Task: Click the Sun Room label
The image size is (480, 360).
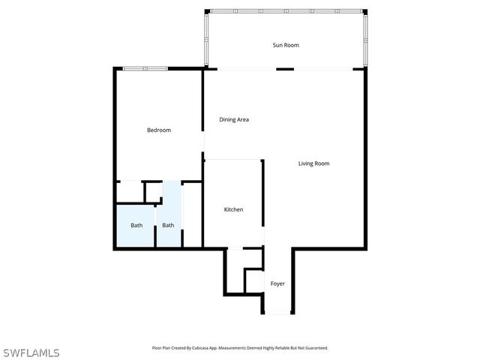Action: [285, 45]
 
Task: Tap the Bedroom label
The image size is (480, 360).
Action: [158, 130]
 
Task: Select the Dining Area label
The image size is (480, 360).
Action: [234, 119]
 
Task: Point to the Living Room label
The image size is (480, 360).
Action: [313, 163]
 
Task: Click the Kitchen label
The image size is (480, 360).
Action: [233, 210]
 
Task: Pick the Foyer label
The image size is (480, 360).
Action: [277, 283]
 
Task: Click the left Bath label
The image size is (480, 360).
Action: [136, 226]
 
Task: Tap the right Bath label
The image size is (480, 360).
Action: [168, 226]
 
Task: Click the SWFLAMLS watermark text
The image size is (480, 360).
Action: [31, 352]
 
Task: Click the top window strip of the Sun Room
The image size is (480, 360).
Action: [285, 11]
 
